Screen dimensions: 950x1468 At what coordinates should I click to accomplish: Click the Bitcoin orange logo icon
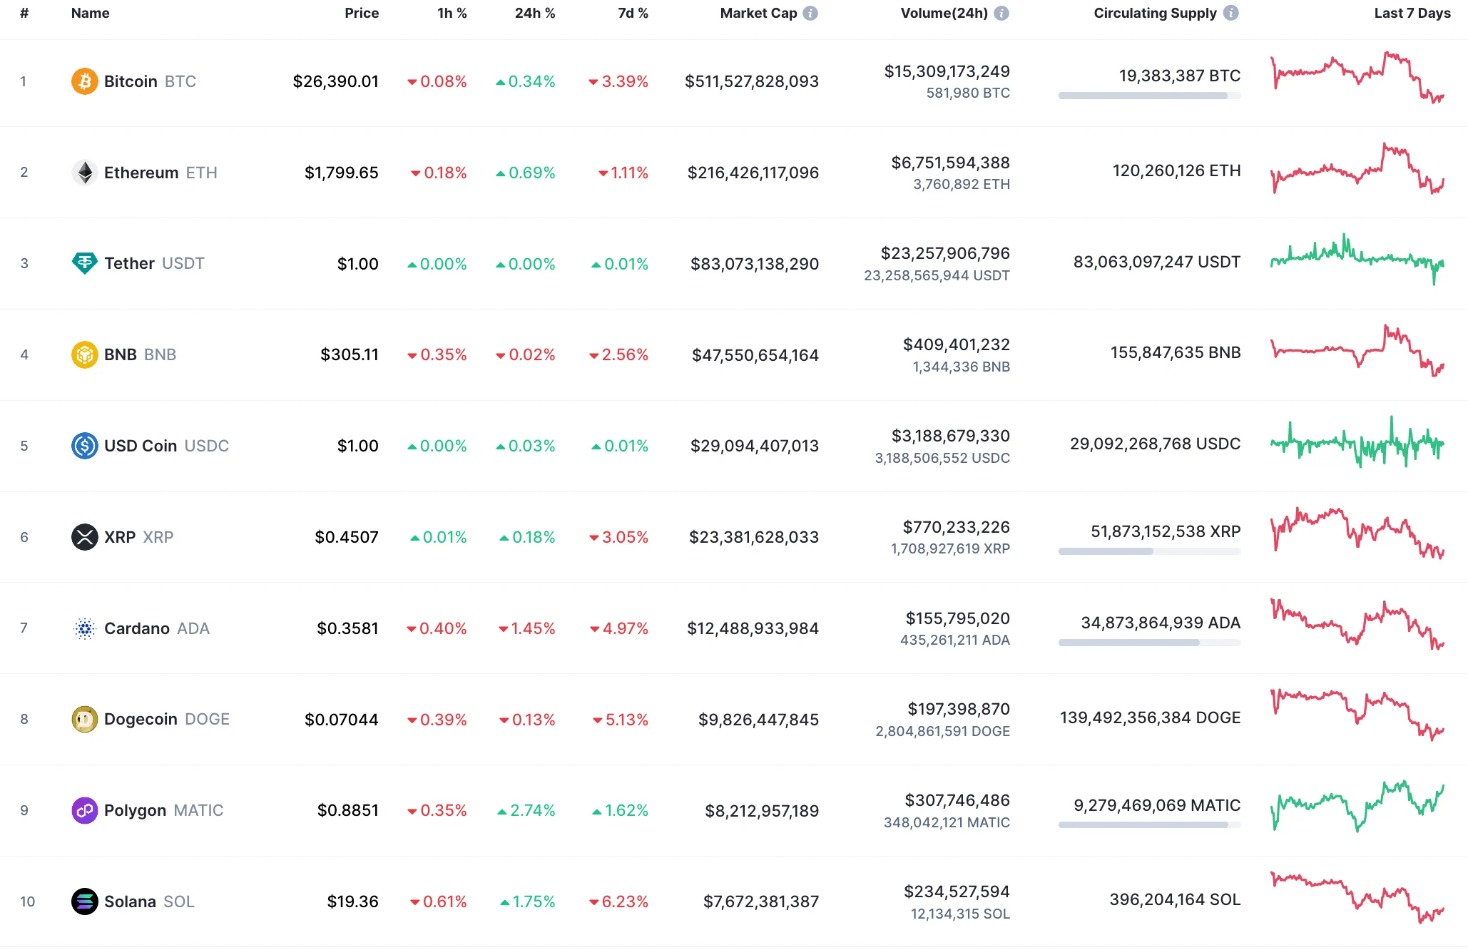[84, 81]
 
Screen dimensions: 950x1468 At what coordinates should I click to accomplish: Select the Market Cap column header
[758, 13]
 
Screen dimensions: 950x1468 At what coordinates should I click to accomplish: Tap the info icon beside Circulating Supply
[1231, 13]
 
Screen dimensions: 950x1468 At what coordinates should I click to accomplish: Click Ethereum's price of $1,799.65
[341, 173]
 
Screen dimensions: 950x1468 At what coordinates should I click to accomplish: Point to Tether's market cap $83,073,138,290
[754, 264]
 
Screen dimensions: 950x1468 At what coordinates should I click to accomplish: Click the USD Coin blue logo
[84, 446]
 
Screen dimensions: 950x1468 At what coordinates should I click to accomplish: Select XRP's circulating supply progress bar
[1149, 551]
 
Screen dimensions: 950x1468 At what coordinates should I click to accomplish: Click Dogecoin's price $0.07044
[341, 719]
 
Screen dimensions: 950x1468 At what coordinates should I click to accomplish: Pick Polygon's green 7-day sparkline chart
[1357, 806]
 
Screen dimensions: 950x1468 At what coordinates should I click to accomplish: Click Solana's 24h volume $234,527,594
[957, 892]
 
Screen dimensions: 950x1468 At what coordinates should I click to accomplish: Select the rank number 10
[27, 902]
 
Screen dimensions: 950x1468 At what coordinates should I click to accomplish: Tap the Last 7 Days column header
[1412, 13]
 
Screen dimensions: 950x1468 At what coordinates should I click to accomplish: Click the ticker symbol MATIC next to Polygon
[198, 810]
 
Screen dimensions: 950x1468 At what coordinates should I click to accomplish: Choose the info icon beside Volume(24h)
[1001, 13]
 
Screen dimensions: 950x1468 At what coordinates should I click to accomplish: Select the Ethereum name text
[141, 173]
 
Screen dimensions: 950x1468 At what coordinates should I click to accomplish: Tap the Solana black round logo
[84, 902]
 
